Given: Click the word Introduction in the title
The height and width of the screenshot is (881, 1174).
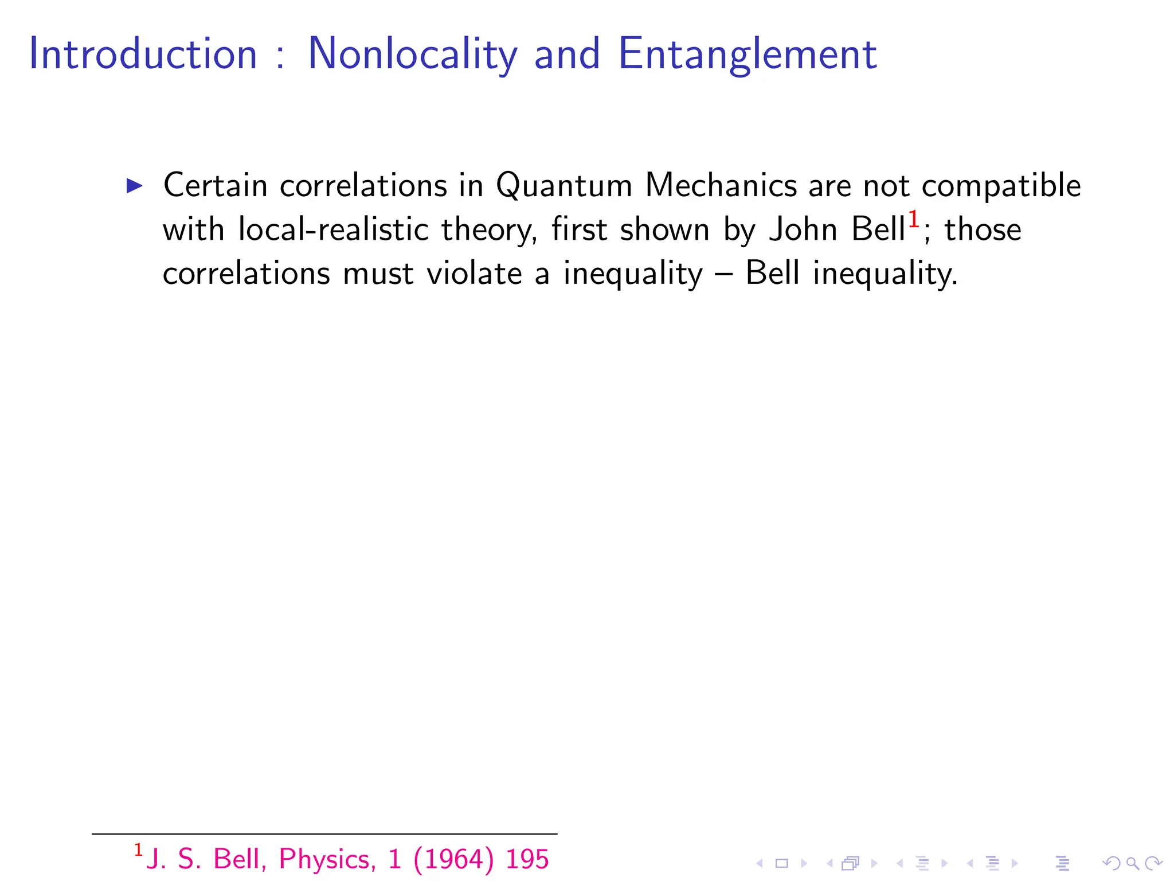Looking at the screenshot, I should [x=143, y=54].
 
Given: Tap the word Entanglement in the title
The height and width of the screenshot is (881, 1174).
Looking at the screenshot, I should [x=748, y=54].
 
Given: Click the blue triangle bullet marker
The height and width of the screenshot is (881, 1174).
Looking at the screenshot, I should [x=134, y=185].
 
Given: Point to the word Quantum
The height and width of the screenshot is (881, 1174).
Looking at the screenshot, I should [x=564, y=186].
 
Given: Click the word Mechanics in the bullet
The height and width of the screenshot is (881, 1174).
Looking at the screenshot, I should [x=721, y=185].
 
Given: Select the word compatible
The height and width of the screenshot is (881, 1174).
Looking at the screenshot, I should [x=1001, y=186].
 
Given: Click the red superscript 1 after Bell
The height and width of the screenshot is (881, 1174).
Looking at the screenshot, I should [x=914, y=220].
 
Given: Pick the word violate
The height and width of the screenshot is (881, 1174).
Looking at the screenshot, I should [x=474, y=273].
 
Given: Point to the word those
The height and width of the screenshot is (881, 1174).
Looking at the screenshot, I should [x=983, y=229].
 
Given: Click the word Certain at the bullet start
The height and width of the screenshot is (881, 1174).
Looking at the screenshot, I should [x=216, y=185].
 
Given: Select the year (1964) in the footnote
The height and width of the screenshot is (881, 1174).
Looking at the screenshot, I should [x=453, y=859].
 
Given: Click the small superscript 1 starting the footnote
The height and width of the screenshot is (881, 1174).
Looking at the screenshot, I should [x=138, y=850].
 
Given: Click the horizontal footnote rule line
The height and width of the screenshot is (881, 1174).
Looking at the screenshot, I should [x=324, y=833].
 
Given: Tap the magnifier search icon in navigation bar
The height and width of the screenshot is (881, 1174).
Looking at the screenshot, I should [x=1132, y=863].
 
